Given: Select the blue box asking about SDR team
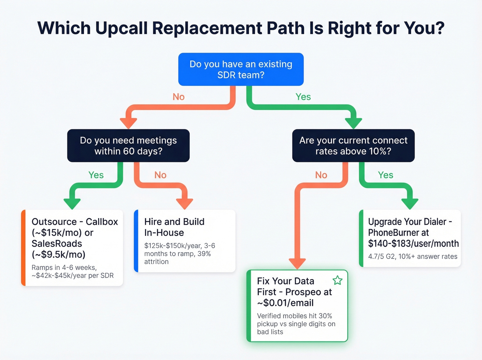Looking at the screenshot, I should [241, 69].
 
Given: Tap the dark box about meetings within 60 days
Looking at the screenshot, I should [128, 146].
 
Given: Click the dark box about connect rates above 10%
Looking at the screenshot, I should [353, 146].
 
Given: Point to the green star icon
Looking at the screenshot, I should [337, 280].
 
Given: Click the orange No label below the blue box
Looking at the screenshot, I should [178, 97].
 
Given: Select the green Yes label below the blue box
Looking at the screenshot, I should [303, 97].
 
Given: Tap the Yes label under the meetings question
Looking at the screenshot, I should [96, 175].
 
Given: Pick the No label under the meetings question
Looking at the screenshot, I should [160, 175].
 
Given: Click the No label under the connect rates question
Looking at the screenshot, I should [321, 175].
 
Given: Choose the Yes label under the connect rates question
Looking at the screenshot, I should [385, 175].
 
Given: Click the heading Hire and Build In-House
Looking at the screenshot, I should [174, 227].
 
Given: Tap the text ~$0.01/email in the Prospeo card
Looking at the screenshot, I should [285, 303].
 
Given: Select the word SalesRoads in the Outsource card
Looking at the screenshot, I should [57, 244].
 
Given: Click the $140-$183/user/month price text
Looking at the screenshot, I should [413, 244].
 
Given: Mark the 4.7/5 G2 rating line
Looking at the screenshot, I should [412, 256].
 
